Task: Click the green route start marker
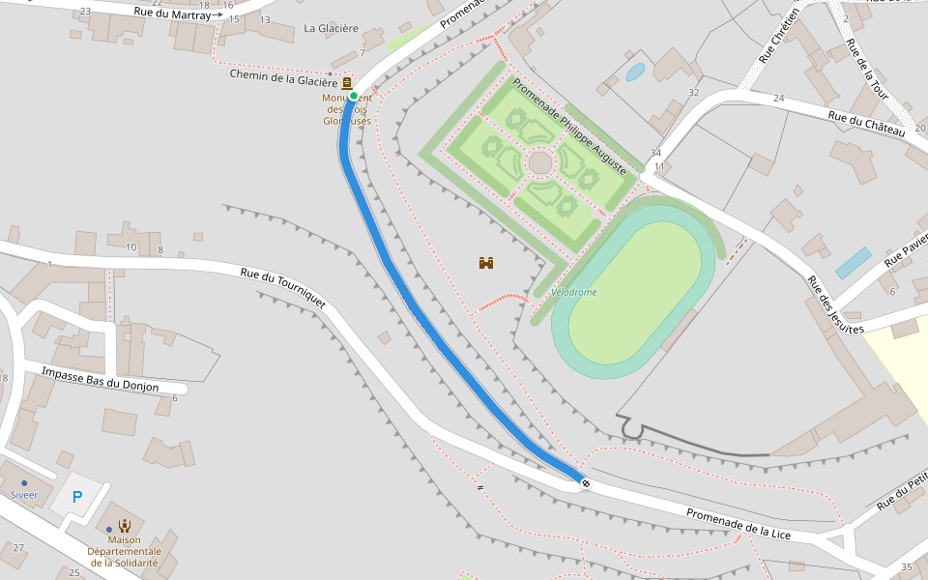[x=354, y=96]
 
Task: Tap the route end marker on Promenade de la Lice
[x=585, y=481]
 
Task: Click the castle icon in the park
[x=487, y=263]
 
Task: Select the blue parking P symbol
[x=77, y=498]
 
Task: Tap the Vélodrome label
[x=573, y=292]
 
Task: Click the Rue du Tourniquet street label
[x=283, y=288]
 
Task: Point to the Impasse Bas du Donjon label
[x=100, y=380]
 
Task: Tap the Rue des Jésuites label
[x=835, y=305]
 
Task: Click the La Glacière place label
[x=331, y=29]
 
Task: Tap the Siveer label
[x=24, y=495]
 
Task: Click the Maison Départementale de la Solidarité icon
[x=125, y=526]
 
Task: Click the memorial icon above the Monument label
[x=346, y=84]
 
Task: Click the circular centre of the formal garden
[x=540, y=161]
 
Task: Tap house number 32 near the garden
[x=693, y=93]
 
